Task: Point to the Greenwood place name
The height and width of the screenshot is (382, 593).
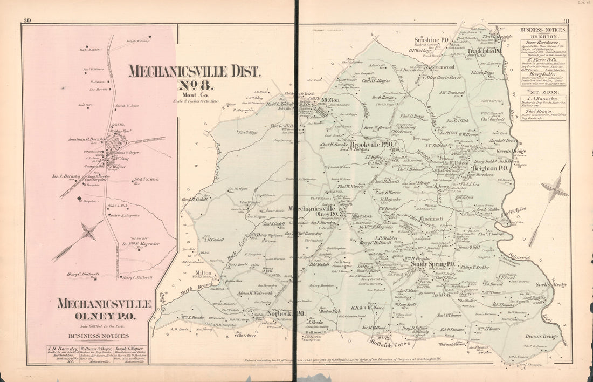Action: pos(442,67)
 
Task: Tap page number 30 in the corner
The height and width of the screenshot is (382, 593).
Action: pos(26,22)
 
